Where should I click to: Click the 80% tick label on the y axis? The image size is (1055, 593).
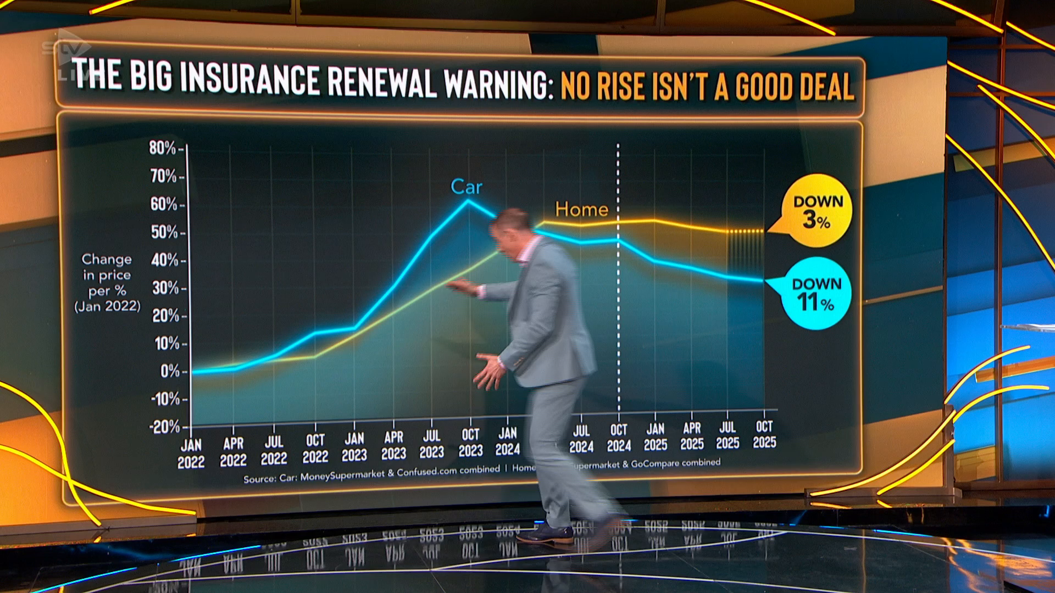tap(162, 148)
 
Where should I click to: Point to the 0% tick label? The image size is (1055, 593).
tap(170, 372)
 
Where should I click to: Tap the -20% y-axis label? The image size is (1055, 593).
tap(165, 427)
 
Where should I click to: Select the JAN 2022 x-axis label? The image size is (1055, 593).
tap(191, 454)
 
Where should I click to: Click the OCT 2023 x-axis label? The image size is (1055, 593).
tap(470, 443)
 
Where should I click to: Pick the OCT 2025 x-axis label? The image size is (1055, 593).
tap(764, 434)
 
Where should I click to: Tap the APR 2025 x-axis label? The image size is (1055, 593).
tap(692, 436)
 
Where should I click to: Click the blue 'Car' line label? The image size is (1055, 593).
tap(466, 187)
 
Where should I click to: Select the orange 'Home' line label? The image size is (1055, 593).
tap(581, 209)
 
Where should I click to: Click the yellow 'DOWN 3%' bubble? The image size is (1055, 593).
tap(817, 211)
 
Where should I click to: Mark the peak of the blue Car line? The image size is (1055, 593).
tap(468, 200)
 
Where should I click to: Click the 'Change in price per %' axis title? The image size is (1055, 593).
tap(107, 282)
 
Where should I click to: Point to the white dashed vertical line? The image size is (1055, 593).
tap(618, 329)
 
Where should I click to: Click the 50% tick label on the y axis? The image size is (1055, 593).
tap(164, 232)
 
